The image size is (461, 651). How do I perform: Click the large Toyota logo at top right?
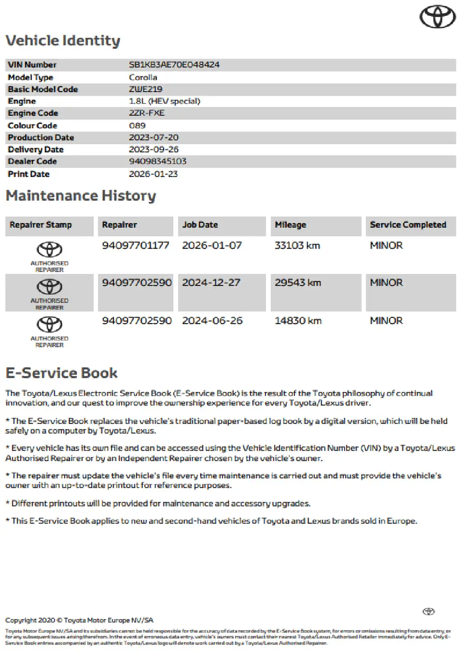pyautogui.click(x=437, y=17)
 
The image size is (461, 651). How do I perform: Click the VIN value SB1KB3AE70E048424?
pyautogui.click(x=174, y=65)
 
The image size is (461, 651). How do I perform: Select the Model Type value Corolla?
pyautogui.click(x=143, y=77)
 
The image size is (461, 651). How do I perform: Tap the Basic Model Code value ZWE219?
pyautogui.click(x=145, y=89)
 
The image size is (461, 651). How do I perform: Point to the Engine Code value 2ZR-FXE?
pyautogui.click(x=147, y=113)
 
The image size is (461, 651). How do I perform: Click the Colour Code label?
pyautogui.click(x=33, y=126)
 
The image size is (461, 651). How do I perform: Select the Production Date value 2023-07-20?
pyautogui.click(x=153, y=137)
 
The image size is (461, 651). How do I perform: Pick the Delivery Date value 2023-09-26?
pyautogui.click(x=153, y=149)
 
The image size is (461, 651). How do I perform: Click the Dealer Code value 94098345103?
pyautogui.click(x=157, y=161)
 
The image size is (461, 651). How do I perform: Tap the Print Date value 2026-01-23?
pyautogui.click(x=153, y=174)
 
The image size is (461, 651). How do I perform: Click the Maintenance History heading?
pyautogui.click(x=81, y=196)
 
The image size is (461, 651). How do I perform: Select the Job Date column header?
pyautogui.click(x=200, y=225)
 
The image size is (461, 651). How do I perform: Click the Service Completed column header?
pyautogui.click(x=408, y=225)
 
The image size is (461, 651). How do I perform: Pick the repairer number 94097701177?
pyautogui.click(x=135, y=245)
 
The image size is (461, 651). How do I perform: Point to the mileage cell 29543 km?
pyautogui.click(x=298, y=283)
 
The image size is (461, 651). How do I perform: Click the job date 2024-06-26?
pyautogui.click(x=212, y=321)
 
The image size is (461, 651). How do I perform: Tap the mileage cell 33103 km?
pyautogui.click(x=297, y=245)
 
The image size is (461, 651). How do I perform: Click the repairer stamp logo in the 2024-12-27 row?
pyautogui.click(x=49, y=287)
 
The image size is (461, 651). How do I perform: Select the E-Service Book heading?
pyautogui.click(x=62, y=373)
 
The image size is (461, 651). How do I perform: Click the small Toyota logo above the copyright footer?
pyautogui.click(x=428, y=612)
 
